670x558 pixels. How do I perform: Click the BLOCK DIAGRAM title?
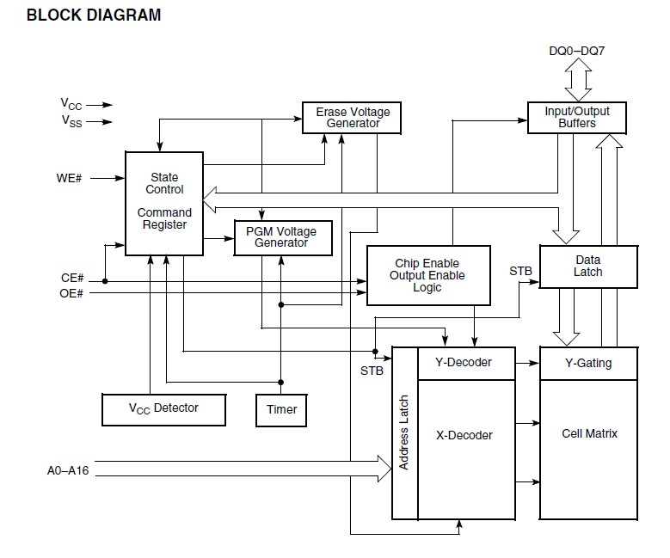(94, 15)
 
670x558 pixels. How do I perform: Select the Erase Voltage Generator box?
(353, 118)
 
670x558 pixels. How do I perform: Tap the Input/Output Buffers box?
(576, 118)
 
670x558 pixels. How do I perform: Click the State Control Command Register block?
(164, 203)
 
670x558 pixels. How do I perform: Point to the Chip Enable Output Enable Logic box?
(427, 275)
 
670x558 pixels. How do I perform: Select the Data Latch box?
(588, 266)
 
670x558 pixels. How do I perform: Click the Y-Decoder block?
(465, 363)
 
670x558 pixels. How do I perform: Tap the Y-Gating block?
(588, 363)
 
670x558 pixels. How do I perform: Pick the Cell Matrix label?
(589, 433)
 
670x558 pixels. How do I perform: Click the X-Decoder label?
(464, 435)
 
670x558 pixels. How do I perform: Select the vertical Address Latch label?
(404, 433)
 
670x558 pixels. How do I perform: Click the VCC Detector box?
(163, 408)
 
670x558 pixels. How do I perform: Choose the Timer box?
(281, 409)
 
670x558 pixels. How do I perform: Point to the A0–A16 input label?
(68, 471)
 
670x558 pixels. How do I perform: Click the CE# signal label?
(72, 279)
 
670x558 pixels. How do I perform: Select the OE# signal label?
(72, 293)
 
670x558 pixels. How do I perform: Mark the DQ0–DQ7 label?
(576, 51)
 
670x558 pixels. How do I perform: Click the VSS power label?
(71, 121)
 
